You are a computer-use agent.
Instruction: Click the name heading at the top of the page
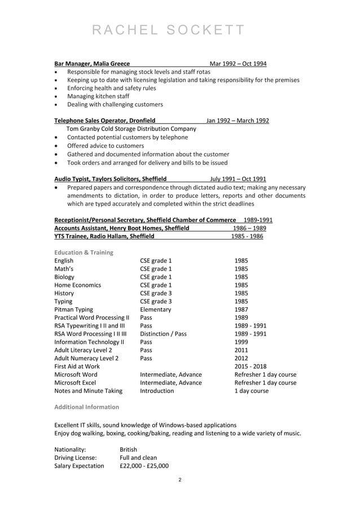coord(168,30)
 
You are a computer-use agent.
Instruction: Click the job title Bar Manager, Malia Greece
coord(92,64)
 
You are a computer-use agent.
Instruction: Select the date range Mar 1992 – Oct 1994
coord(238,64)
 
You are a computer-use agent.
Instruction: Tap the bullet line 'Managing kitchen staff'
coord(98,96)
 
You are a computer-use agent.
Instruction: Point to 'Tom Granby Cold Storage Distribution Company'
coord(131,129)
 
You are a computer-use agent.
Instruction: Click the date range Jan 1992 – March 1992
coord(237,120)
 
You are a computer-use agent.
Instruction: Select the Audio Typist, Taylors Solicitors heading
coord(110,178)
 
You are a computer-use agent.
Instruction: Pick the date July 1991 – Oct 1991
coord(238,178)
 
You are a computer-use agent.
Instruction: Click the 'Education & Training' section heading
coord(84,252)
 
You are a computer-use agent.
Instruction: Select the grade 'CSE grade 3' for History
coord(156,293)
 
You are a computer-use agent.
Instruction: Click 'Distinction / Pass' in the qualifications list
coord(163,334)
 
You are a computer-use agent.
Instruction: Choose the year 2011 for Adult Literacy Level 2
coord(241,350)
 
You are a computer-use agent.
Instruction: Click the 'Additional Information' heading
coord(86,407)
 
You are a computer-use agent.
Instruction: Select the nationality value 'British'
coord(129,450)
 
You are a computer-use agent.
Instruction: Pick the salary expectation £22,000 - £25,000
coord(144,466)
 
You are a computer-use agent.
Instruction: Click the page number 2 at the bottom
coord(179,481)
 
